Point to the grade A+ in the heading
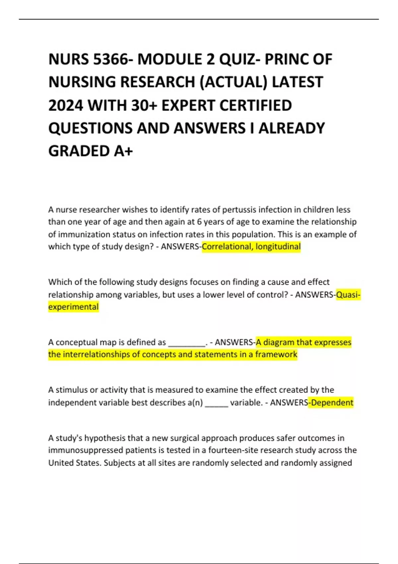(x=123, y=151)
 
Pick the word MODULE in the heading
(x=169, y=60)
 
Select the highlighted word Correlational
(x=227, y=247)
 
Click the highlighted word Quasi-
(x=348, y=295)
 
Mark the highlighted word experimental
(x=73, y=307)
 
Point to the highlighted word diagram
(x=278, y=342)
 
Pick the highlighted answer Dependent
(x=332, y=403)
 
